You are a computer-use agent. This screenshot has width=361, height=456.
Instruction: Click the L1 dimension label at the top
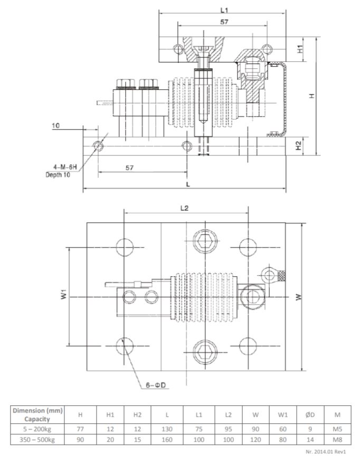click(224, 10)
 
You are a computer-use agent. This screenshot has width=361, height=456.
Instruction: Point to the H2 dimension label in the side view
click(300, 146)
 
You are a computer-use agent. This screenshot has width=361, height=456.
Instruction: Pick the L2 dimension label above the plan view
click(184, 208)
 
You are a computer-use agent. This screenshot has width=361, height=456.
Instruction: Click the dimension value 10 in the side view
click(56, 126)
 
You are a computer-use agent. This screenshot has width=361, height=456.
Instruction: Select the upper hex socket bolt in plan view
click(204, 242)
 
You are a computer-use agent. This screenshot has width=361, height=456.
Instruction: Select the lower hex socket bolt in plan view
click(204, 350)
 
